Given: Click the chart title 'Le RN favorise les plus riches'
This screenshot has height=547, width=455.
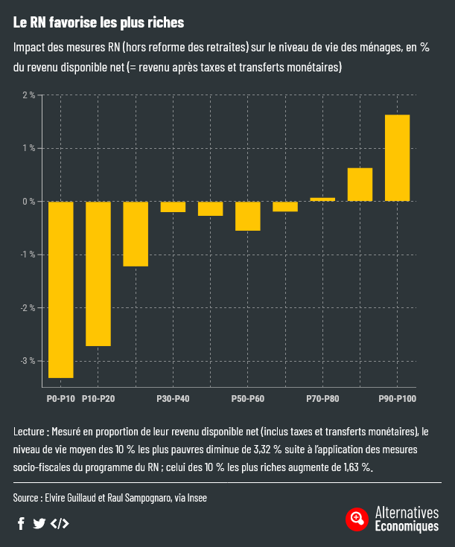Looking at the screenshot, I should [98, 23].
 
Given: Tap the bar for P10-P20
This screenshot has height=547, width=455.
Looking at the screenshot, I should [98, 273].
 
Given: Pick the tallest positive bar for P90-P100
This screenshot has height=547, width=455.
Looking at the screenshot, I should [397, 158].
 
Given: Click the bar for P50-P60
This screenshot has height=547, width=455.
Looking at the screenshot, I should [247, 216].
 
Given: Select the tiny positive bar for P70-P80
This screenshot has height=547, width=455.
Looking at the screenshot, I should [322, 199].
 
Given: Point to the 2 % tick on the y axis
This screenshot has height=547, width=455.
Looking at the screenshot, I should [28, 95].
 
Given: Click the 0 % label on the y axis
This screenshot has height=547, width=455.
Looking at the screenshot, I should [28, 202].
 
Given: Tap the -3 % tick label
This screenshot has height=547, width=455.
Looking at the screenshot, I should [27, 361].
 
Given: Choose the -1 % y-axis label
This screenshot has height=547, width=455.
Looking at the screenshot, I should [27, 255].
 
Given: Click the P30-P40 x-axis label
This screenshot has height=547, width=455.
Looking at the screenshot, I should [173, 400].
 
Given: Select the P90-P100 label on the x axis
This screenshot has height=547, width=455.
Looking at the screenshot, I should [397, 400].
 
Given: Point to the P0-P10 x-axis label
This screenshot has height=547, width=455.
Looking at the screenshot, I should [60, 400].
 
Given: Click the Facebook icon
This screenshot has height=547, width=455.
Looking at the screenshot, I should [21, 523].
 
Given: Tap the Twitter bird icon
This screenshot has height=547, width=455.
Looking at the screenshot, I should [39, 523].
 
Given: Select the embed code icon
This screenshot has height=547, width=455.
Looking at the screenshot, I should [60, 523].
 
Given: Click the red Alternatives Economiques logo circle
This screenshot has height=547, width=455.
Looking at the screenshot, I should [357, 519].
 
